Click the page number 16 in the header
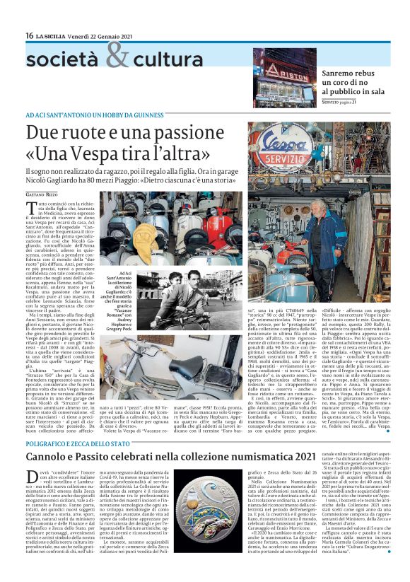pyautogui.click(x=30, y=35)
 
